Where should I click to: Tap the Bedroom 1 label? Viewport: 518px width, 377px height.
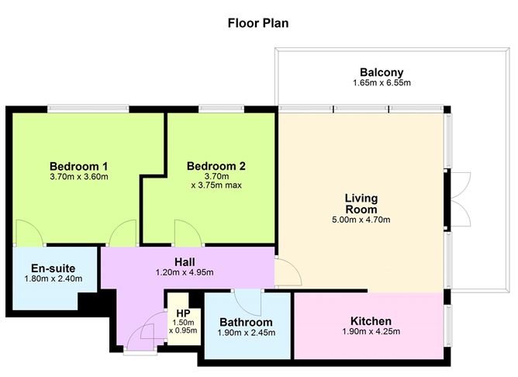coord(78,166)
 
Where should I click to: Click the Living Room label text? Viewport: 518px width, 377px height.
coord(361,204)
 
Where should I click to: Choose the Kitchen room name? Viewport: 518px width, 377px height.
coord(371,321)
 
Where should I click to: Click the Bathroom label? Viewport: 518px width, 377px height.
coord(246,323)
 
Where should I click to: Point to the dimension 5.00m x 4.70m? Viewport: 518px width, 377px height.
coord(361,220)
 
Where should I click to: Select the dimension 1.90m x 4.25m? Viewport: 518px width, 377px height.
coord(371,333)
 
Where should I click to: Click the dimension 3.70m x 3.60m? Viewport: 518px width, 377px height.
coord(78,178)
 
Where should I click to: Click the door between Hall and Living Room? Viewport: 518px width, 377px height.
coord(287,271)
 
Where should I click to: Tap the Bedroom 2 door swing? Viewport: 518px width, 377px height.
coord(186,233)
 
